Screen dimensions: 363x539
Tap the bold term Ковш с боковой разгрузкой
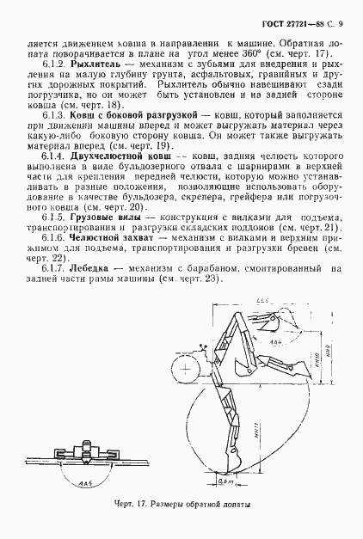pos(108,114)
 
